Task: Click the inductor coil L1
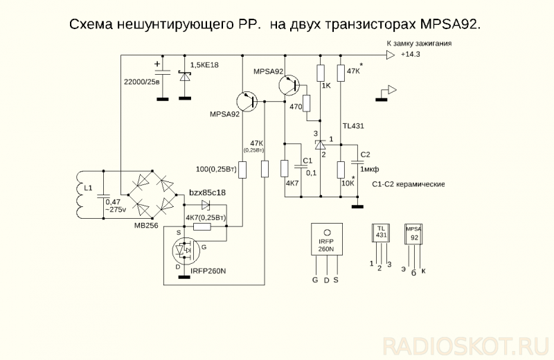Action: click(78, 194)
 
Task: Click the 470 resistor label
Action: click(296, 107)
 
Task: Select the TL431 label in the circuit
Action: click(353, 127)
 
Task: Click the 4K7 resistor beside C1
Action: click(284, 169)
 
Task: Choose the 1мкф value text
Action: click(370, 169)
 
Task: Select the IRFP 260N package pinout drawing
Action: click(325, 246)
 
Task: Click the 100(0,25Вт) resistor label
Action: click(217, 169)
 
